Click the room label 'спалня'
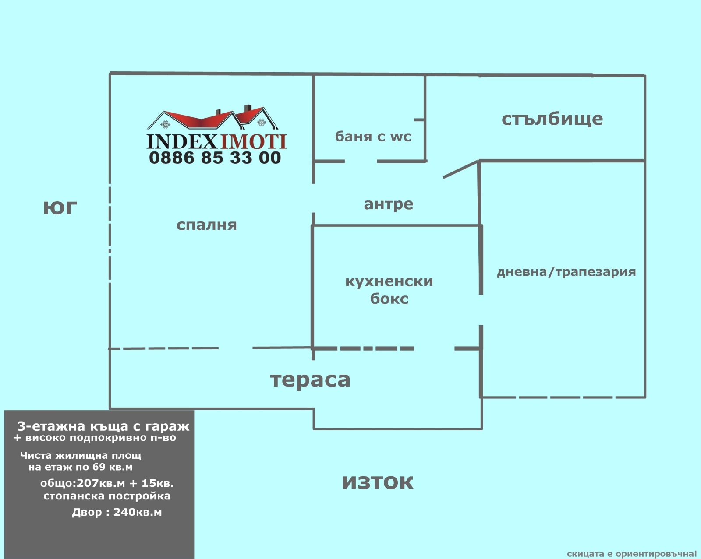tap(206, 225)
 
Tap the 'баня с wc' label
tap(373, 137)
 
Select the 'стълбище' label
tap(552, 119)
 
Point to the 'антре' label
tap(388, 204)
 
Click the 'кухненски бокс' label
tap(389, 290)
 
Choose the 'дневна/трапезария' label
tap(566, 272)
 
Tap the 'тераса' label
tap(310, 380)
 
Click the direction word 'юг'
tap(60, 208)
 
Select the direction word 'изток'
tap(377, 482)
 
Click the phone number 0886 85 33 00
tap(215, 158)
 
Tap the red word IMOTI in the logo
tap(253, 141)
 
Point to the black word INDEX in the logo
tap(182, 141)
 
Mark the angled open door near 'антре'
tap(460, 169)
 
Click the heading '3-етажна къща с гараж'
tap(103, 426)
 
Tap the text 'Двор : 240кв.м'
tap(117, 512)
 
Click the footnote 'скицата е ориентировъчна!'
tap(631, 554)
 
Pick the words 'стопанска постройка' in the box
tap(107, 496)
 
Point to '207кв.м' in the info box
tap(101, 483)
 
